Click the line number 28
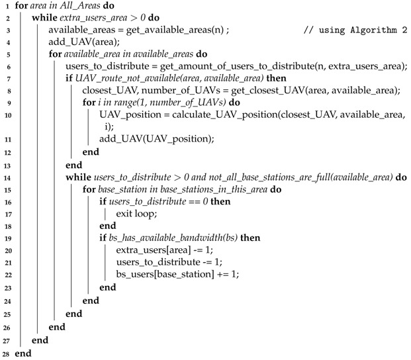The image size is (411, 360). (x=6, y=354)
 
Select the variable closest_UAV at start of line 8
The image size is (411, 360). (x=109, y=94)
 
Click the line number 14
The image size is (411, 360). (x=6, y=177)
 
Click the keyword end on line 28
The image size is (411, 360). (x=23, y=354)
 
